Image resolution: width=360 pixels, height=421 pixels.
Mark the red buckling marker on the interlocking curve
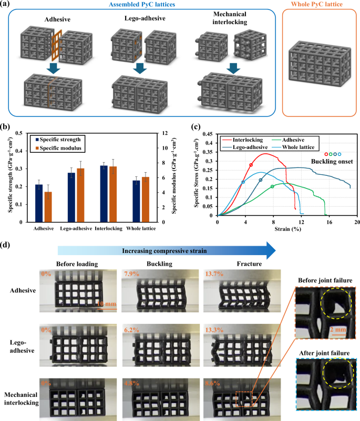[251, 165]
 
